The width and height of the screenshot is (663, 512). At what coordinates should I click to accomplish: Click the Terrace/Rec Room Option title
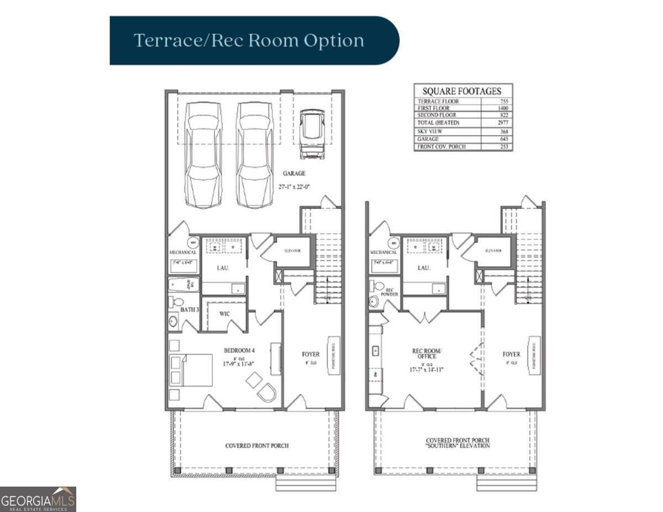249,41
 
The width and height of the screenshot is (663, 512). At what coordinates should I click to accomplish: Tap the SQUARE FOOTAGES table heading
462,91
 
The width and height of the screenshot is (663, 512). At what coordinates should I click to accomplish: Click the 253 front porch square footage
503,147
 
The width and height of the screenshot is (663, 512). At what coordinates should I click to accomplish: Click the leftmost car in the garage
203,154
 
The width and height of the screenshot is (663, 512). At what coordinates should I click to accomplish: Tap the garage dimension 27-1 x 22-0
294,187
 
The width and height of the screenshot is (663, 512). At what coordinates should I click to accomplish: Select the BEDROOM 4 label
239,350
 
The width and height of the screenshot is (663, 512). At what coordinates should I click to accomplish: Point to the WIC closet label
224,314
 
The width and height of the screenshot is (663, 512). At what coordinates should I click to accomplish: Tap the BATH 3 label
189,310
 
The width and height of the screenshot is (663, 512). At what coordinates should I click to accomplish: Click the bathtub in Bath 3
183,285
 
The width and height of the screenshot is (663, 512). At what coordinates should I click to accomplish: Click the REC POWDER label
392,292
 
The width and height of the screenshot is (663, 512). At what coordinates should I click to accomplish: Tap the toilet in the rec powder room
377,286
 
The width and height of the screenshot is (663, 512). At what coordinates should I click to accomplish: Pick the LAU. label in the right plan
424,268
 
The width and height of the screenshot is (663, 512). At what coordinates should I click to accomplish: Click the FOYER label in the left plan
311,354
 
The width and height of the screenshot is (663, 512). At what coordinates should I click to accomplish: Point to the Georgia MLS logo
38,499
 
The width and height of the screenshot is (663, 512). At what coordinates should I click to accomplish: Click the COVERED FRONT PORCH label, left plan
256,445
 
